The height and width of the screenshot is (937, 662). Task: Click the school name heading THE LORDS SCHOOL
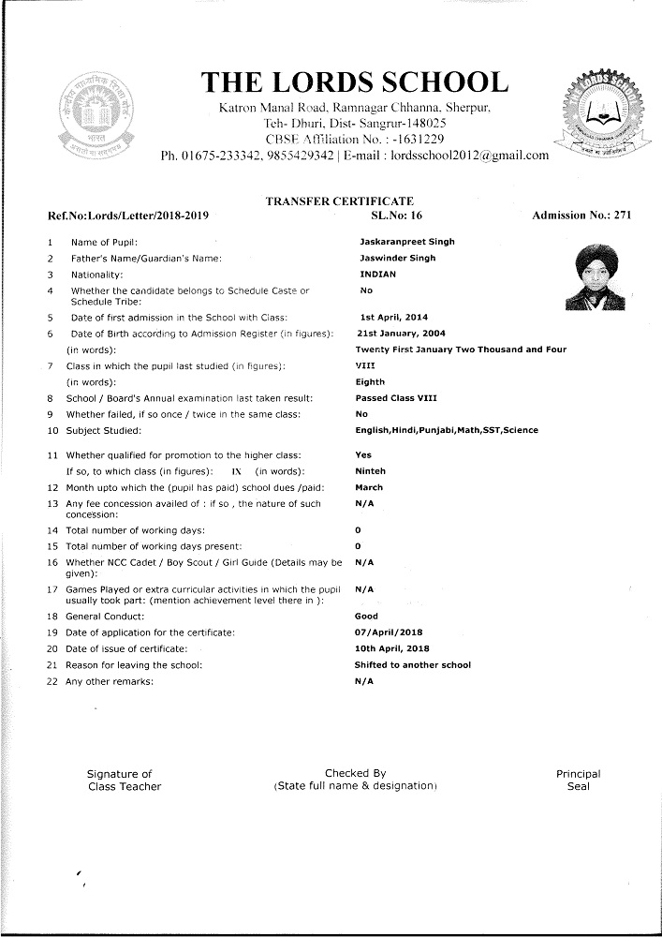click(356, 82)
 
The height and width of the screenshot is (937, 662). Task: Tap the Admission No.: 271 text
click(581, 216)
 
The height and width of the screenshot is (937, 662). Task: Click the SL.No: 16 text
click(398, 216)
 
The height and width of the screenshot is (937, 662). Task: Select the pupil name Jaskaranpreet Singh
click(406, 242)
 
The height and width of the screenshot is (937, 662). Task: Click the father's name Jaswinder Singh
click(397, 258)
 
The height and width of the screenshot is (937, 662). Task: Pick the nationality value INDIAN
click(377, 275)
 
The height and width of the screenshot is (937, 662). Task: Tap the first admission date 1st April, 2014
click(393, 317)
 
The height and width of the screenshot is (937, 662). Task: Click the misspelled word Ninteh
click(371, 470)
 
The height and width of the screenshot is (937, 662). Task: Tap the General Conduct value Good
click(366, 617)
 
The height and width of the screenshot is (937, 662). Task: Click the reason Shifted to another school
click(412, 665)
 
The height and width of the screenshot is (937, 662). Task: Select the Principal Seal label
click(578, 781)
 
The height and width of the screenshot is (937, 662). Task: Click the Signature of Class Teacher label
click(124, 781)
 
